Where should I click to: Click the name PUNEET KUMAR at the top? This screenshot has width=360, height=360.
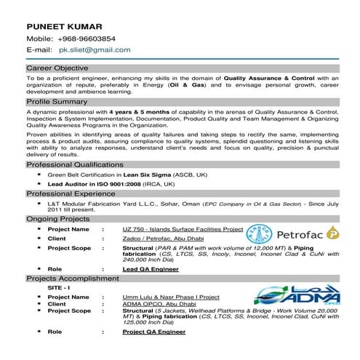(62, 24)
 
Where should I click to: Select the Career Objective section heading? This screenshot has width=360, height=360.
(57, 67)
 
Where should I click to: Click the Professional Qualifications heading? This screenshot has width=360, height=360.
(71, 165)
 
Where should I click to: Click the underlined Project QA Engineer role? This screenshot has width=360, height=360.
(153, 332)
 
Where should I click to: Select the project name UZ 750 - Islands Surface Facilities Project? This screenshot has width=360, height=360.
(183, 229)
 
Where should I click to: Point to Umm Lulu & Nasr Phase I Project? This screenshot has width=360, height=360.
(171, 297)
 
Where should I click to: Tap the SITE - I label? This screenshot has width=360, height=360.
(58, 287)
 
